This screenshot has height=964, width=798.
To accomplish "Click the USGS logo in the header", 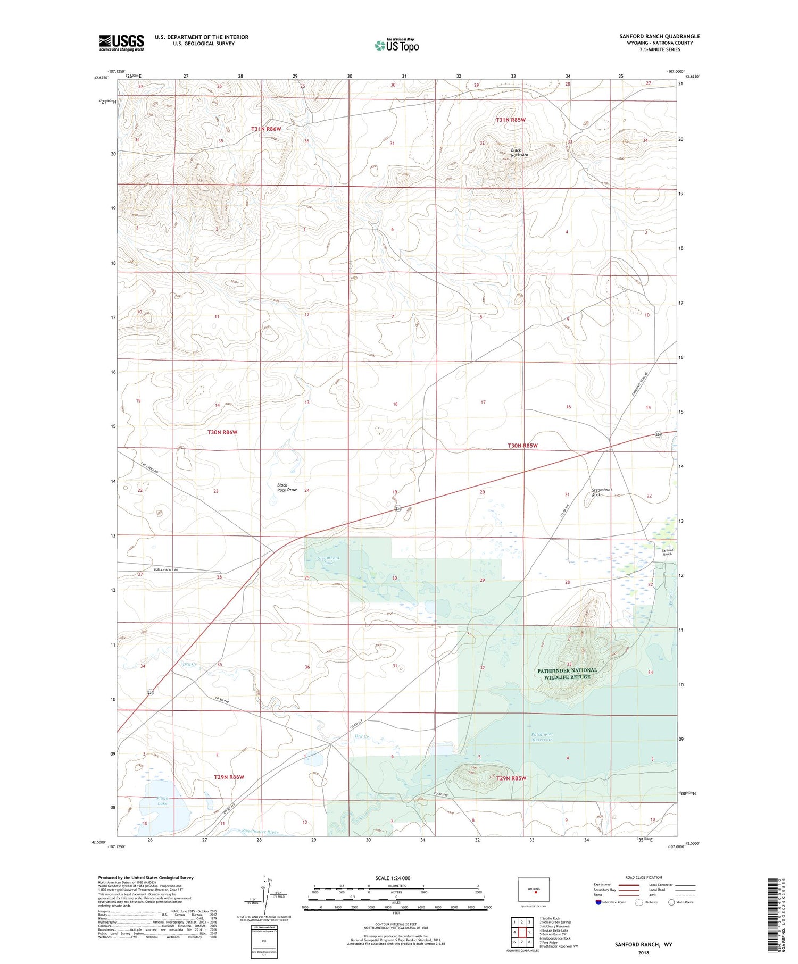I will pyautogui.click(x=121, y=43).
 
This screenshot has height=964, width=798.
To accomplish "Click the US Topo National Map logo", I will pyautogui.click(x=396, y=45).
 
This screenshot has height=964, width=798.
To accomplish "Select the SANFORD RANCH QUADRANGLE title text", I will pyautogui.click(x=659, y=36).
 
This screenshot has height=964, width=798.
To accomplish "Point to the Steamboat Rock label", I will pyautogui.click(x=601, y=492).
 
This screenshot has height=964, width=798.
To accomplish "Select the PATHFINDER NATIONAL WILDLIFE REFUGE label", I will pyautogui.click(x=567, y=674).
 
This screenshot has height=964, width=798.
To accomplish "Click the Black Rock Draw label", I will pyautogui.click(x=286, y=487).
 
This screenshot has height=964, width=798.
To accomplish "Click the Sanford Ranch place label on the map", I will pyautogui.click(x=667, y=552).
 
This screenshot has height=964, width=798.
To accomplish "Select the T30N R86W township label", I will pyautogui.click(x=222, y=432).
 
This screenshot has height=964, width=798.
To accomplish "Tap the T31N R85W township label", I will pyautogui.click(x=510, y=120).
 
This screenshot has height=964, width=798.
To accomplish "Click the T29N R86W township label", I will pyautogui.click(x=229, y=777).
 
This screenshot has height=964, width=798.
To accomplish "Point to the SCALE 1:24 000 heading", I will pyautogui.click(x=393, y=878).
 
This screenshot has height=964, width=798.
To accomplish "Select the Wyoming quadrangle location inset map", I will pyautogui.click(x=534, y=890).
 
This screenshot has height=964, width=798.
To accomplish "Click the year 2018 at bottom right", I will pyautogui.click(x=643, y=952).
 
